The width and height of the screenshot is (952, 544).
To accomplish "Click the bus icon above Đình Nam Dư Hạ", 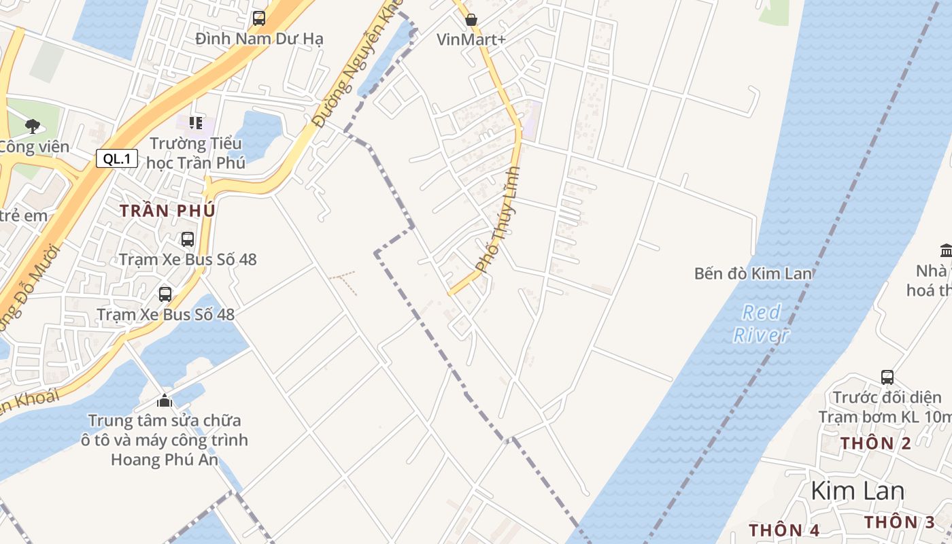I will click(259, 18).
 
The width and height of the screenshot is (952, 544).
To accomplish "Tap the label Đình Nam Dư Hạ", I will click(259, 39).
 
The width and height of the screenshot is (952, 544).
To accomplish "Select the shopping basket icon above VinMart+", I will click(471, 20).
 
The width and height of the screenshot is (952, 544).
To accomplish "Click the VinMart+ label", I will click(471, 39).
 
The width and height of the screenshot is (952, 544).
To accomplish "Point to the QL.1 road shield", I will click(117, 159).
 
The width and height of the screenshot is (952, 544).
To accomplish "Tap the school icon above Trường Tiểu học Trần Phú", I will click(196, 123).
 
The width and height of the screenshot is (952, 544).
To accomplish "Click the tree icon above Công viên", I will click(32, 126).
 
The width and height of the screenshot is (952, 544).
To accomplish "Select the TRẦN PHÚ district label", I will click(167, 211).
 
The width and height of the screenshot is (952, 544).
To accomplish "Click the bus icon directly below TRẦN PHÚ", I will click(187, 239).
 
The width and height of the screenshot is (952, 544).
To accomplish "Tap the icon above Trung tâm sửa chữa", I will click(165, 401).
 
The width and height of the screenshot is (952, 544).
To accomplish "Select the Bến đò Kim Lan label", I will click(753, 273).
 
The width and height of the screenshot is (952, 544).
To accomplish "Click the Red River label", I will click(762, 324).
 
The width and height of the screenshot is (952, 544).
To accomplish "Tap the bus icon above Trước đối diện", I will click(887, 377).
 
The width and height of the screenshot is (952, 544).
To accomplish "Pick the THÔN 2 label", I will click(876, 443).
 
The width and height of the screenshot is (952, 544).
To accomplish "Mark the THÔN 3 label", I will click(900, 522).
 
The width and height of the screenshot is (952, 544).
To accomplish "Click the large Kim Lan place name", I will click(857, 491).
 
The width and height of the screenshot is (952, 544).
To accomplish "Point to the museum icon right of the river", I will click(945, 249).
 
